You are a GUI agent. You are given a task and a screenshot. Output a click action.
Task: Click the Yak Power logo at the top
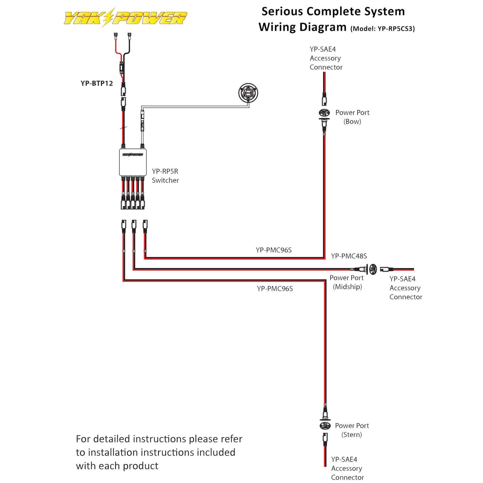pyautogui.click(x=125, y=18)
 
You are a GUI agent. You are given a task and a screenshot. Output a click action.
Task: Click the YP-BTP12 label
pyautogui.click(x=97, y=83)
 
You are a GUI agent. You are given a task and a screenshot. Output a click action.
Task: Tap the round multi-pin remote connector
pyautogui.click(x=248, y=93)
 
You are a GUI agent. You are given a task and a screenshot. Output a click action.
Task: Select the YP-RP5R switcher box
pyautogui.click(x=133, y=162)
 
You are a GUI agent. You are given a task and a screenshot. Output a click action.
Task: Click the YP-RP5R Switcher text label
pyautogui.click(x=165, y=176)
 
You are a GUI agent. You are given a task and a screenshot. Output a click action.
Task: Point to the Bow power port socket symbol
pyautogui.click(x=324, y=113)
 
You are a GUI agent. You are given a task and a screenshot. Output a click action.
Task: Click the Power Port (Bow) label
pyautogui.click(x=352, y=117)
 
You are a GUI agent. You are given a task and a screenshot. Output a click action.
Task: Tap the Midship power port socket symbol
pyautogui.click(x=373, y=269)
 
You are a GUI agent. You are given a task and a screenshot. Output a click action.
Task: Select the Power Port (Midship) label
pyautogui.click(x=347, y=282)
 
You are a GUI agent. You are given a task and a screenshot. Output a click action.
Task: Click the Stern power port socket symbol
pyautogui.click(x=325, y=426)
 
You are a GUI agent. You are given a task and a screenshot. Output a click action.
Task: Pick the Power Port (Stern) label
pyautogui.click(x=352, y=430)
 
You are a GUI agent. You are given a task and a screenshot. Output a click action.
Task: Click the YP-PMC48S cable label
pyautogui.click(x=349, y=256)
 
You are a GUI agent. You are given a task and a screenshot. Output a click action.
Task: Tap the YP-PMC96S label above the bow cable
pyautogui.click(x=273, y=250)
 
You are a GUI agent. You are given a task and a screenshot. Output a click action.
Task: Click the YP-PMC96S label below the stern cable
pyautogui.click(x=275, y=289)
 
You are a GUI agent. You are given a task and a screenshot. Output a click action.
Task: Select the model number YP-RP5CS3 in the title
pyautogui.click(x=395, y=29)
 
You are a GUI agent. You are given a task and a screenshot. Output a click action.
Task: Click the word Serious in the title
pyautogui.click(x=282, y=11)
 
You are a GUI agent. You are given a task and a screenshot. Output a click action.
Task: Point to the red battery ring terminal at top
pyautogui.click(x=116, y=36)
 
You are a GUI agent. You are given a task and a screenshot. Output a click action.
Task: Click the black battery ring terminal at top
pyautogui.click(x=130, y=36)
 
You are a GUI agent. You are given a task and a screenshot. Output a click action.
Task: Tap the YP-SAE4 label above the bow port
pyautogui.click(x=322, y=49)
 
